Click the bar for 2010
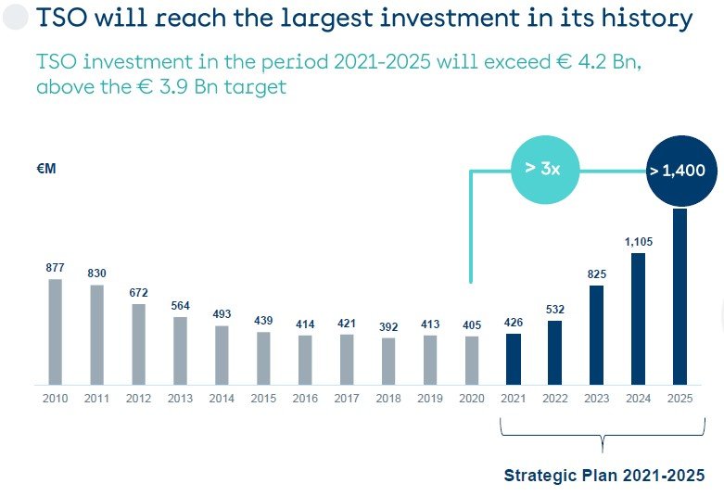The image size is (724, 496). click(x=55, y=331)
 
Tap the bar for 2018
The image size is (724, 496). click(x=388, y=361)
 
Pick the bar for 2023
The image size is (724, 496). click(x=596, y=335)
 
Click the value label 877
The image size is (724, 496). click(x=55, y=268)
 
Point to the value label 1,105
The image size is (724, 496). click(x=639, y=242)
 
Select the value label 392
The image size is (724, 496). click(x=388, y=326)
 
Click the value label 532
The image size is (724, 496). click(x=555, y=310)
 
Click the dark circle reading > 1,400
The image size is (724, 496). click(x=678, y=171)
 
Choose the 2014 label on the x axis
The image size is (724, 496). click(x=222, y=399)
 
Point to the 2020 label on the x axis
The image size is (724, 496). click(x=472, y=399)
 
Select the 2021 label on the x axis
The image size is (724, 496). click(x=514, y=399)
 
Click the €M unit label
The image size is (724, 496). click(x=48, y=170)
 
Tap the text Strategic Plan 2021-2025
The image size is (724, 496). click(x=603, y=476)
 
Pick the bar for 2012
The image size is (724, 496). click(x=138, y=344)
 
